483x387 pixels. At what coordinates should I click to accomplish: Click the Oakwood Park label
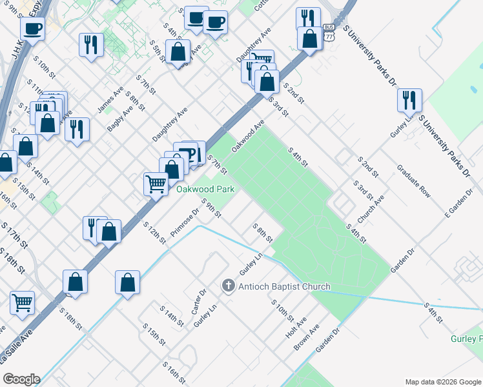tap(205, 189)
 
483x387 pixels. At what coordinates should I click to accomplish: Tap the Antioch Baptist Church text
tap(285, 286)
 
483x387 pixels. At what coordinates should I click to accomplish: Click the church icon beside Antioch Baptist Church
tap(227, 285)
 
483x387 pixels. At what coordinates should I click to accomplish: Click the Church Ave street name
tap(371, 209)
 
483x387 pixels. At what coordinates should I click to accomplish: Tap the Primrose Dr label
tap(186, 222)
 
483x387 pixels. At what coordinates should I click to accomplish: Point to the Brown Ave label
tap(306, 337)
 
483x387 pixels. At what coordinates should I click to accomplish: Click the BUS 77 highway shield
tap(329, 32)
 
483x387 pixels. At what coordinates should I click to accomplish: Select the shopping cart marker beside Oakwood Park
tap(156, 184)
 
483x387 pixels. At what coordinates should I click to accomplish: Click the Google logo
tap(22, 379)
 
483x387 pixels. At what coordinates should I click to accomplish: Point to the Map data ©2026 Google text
tap(442, 382)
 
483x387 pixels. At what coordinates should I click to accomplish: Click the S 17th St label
tap(14, 236)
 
